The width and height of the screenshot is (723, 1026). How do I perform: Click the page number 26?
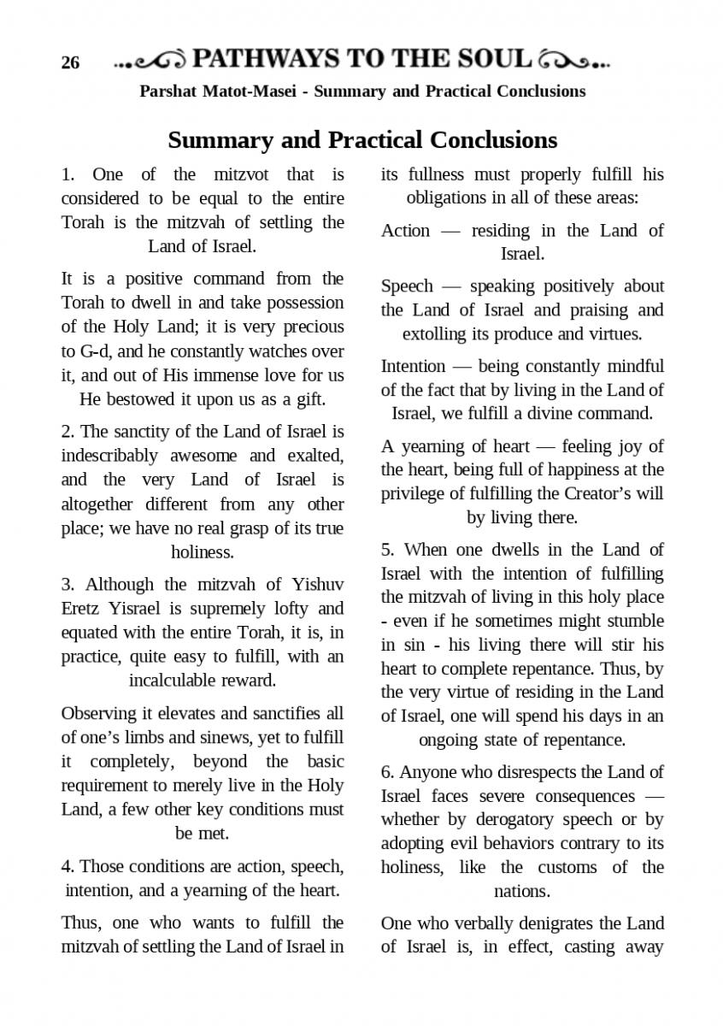pyautogui.click(x=70, y=63)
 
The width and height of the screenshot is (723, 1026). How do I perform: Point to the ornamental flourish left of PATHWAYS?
pyautogui.click(x=150, y=61)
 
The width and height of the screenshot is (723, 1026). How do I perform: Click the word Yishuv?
pyautogui.click(x=317, y=585)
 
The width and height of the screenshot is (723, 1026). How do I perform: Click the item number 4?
pyautogui.click(x=67, y=867)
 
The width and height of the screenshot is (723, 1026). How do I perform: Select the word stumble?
pyautogui.click(x=633, y=622)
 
